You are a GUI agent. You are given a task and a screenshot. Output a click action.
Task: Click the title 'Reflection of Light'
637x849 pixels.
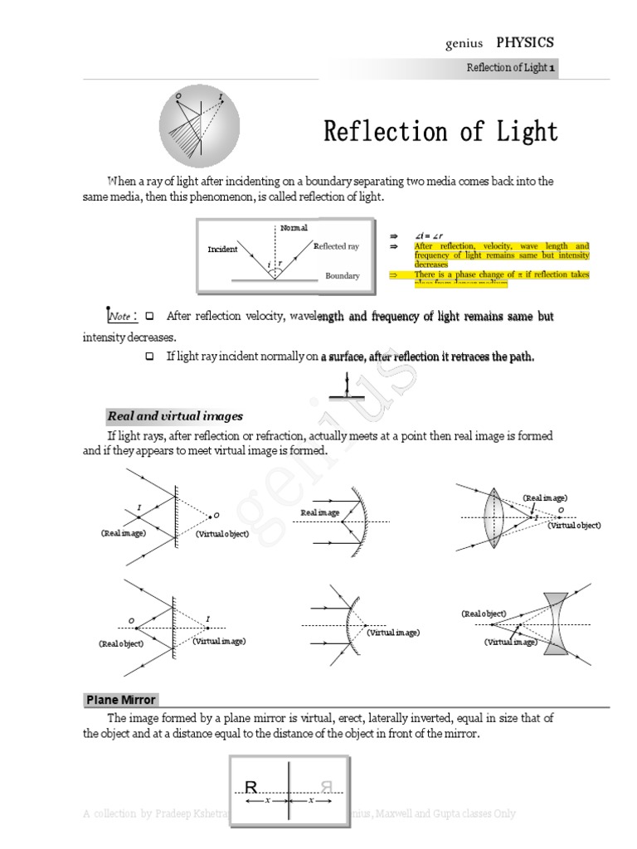coord(440,132)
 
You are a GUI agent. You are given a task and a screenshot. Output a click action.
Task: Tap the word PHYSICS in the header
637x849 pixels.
coord(525,43)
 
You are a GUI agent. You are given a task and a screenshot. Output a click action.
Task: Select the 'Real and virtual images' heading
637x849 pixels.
coord(175,416)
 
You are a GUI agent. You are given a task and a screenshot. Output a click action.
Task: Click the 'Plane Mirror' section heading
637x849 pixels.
coord(121,700)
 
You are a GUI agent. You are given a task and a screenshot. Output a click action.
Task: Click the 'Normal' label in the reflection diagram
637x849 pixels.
coord(294,228)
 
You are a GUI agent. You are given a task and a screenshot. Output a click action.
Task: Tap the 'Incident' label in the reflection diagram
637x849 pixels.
coord(222,249)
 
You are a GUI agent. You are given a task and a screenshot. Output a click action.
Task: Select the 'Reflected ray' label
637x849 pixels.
coord(337,246)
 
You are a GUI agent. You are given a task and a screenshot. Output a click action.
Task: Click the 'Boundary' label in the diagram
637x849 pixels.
coord(343,276)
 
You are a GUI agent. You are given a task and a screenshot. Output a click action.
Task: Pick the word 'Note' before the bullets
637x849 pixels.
coord(120,317)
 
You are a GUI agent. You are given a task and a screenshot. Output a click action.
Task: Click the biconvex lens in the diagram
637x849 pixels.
coord(493,517)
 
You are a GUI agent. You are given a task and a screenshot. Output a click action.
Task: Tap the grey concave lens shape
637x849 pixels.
coord(555,623)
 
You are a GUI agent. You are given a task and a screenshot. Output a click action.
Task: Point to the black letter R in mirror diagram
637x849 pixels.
coord(251,787)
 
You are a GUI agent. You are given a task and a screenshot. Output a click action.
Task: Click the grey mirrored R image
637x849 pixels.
coord(326,787)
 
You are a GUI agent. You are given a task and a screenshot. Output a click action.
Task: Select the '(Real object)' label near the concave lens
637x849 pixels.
coord(484,614)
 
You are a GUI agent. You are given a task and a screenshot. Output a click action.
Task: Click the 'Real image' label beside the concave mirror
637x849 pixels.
coord(320,513)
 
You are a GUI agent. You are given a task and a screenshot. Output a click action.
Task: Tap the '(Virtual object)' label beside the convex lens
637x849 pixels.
coord(574,525)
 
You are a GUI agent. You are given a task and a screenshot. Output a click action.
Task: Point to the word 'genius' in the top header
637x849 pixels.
coord(464,45)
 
